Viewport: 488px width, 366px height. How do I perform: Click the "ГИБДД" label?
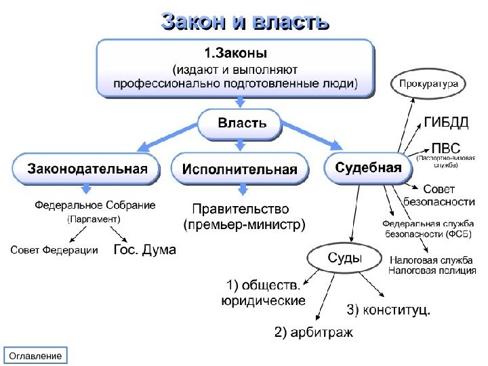point(446,122)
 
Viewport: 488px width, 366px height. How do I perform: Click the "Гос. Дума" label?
point(144,250)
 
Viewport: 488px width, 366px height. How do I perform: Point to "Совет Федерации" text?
point(54,251)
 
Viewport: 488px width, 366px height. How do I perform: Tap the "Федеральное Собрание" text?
point(95,205)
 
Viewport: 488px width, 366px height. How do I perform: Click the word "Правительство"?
point(241,209)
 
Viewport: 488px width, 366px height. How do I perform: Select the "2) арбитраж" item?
point(313,333)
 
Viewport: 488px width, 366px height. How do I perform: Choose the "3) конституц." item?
point(388,310)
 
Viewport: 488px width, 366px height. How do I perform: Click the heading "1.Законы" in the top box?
point(236,52)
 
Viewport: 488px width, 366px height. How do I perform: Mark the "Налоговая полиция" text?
point(432,270)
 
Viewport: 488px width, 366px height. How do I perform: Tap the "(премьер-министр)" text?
point(244,224)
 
